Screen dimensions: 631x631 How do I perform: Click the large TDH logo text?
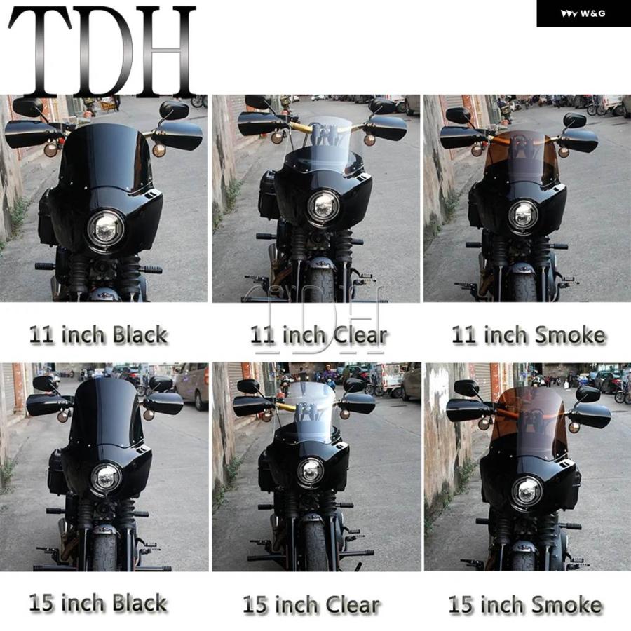click(102, 52)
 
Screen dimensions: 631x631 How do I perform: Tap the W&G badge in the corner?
click(583, 14)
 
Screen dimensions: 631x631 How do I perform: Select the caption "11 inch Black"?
click(98, 335)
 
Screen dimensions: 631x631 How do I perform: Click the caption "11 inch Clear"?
click(319, 335)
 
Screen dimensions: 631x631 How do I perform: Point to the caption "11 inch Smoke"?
click(529, 335)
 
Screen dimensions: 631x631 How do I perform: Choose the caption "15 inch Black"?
click(98, 603)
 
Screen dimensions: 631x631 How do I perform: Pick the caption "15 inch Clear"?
click(311, 605)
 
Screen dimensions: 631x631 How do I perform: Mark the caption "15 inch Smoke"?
click(525, 605)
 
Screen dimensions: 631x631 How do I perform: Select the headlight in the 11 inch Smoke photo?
click(523, 215)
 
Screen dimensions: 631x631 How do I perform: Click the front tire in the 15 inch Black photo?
click(104, 551)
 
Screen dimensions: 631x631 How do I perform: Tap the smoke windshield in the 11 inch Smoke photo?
click(521, 156)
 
